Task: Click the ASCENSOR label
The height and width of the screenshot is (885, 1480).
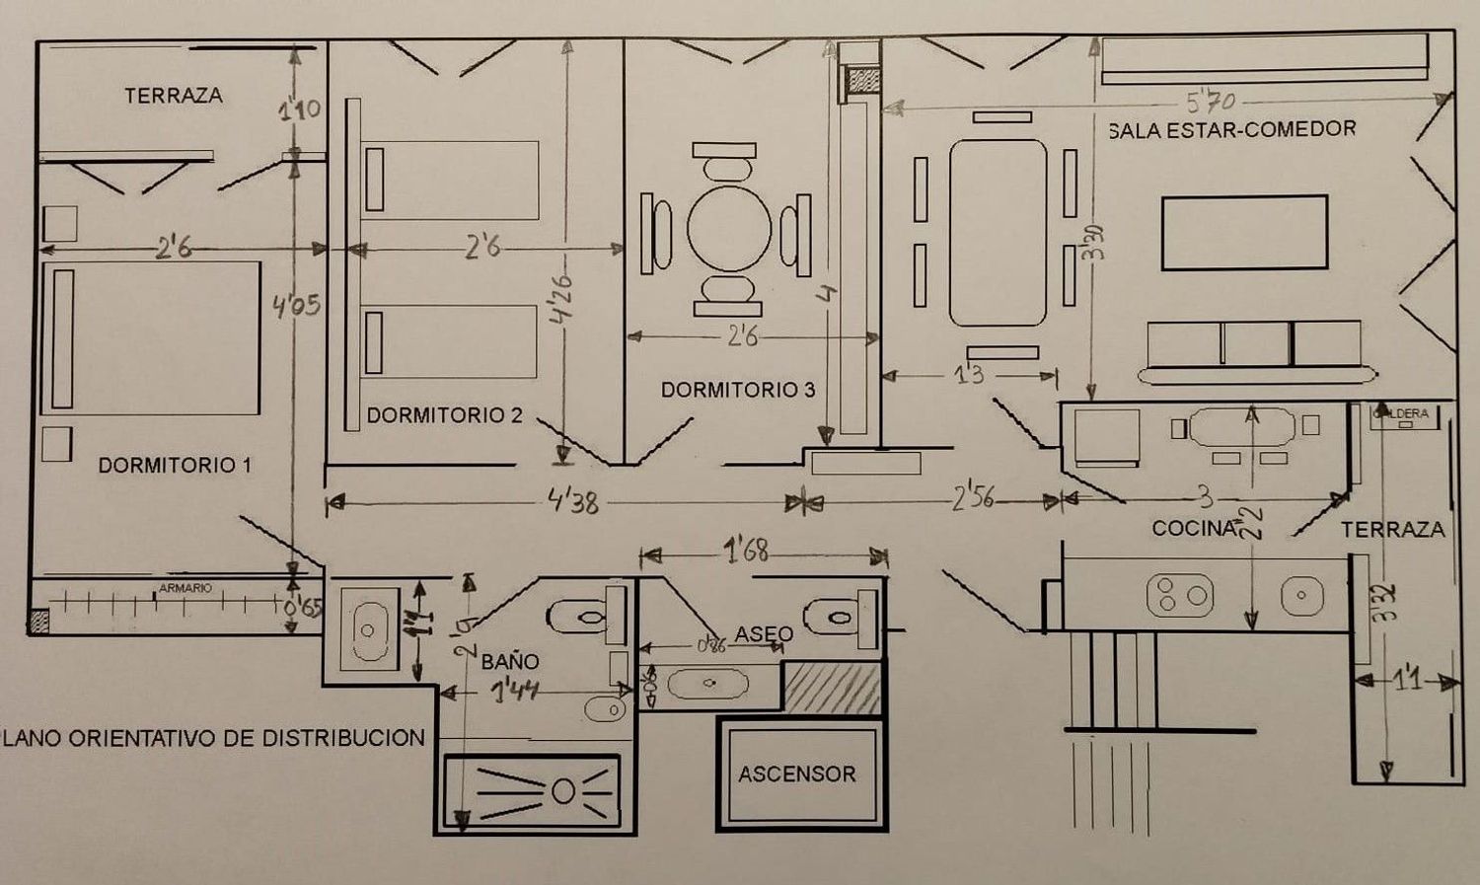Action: click(x=796, y=774)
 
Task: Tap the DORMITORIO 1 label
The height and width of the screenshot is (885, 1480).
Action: click(x=175, y=465)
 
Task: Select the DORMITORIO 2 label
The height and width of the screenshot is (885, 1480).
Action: click(x=444, y=415)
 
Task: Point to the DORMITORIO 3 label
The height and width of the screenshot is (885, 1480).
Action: click(x=737, y=390)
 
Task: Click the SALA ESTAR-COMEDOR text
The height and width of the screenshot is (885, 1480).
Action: click(x=1231, y=129)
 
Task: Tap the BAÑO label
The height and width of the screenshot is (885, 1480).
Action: click(x=510, y=661)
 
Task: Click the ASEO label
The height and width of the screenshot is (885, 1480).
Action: click(x=764, y=633)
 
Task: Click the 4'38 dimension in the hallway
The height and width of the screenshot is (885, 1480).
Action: click(x=573, y=502)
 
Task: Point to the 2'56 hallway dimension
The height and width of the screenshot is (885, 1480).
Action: click(x=973, y=498)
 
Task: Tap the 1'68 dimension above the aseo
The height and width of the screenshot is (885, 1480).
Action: click(x=746, y=551)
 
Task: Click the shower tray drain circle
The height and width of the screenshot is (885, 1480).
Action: click(x=563, y=791)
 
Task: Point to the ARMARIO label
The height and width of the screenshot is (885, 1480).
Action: click(x=185, y=588)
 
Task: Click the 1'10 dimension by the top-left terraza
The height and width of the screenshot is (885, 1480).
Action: click(x=299, y=109)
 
